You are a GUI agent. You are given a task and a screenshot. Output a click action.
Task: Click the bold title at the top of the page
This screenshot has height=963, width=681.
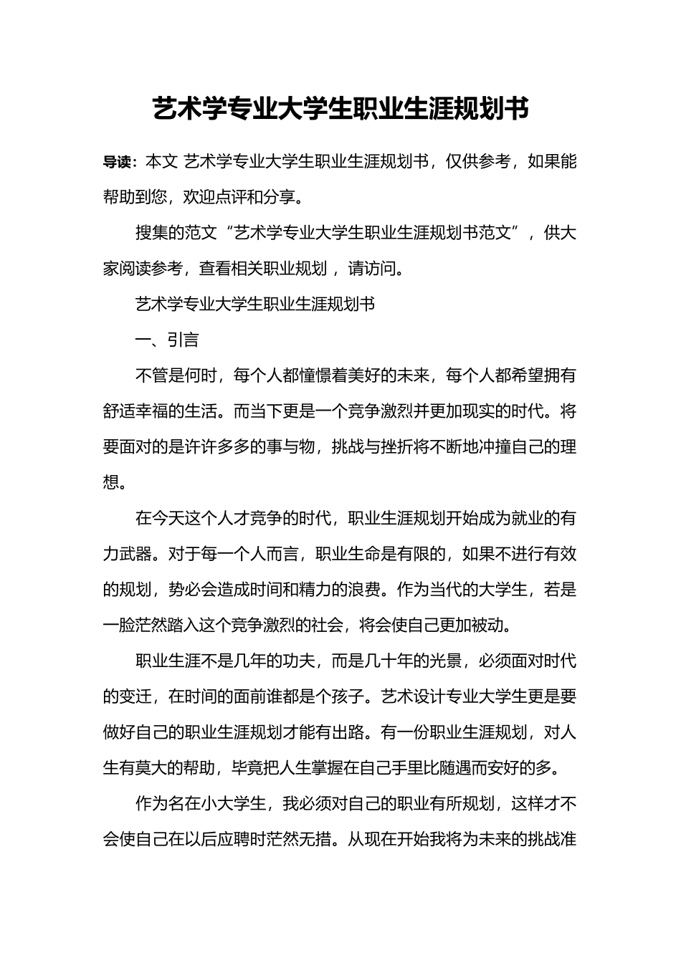[340, 109]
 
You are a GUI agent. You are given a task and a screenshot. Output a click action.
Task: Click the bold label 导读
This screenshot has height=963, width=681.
[119, 163]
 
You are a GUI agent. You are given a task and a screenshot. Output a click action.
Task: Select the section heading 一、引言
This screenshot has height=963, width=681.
[167, 340]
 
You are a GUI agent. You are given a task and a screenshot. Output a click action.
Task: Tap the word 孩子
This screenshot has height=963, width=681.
[356, 696]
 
